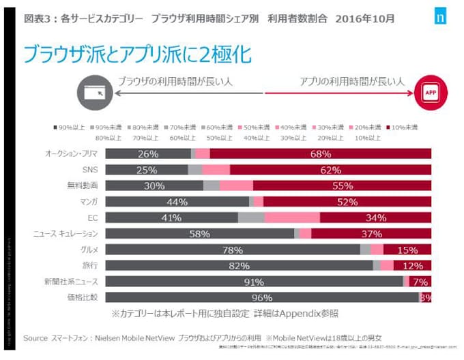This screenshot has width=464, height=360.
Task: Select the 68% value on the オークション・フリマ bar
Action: click(x=320, y=153)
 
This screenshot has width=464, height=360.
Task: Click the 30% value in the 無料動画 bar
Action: click(x=154, y=185)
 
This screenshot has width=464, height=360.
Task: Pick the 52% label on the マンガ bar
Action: click(x=347, y=201)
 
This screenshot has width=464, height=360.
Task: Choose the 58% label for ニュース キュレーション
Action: click(x=199, y=233)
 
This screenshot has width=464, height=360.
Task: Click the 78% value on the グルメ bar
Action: click(x=233, y=250)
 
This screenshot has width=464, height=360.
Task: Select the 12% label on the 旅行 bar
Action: click(x=413, y=265)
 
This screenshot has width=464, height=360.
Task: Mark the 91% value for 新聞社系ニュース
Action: click(x=254, y=282)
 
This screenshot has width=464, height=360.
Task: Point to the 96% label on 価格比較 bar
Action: click(x=262, y=297)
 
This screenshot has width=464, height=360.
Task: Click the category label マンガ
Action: click(x=89, y=201)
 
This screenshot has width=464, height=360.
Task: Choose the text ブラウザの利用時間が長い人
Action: click(x=174, y=81)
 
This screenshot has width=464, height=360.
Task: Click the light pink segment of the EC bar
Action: click(x=292, y=217)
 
